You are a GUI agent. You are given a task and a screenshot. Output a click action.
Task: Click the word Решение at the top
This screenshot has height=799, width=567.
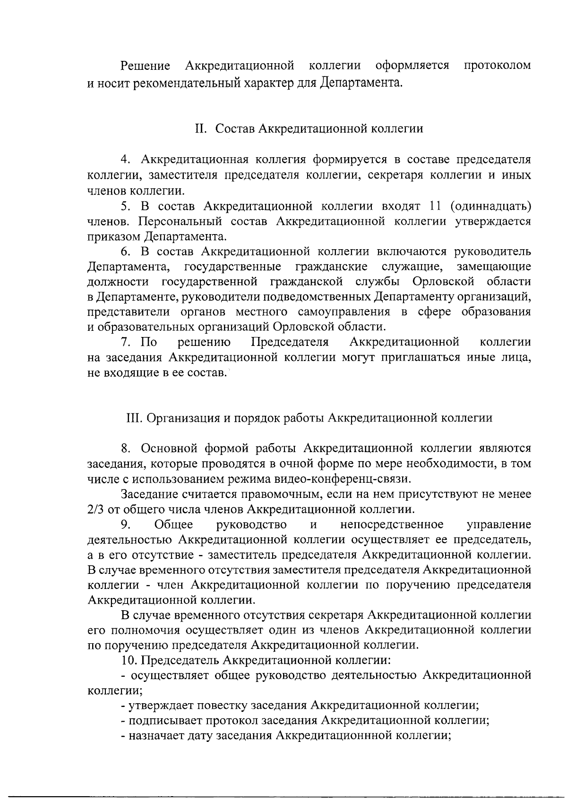[145, 65]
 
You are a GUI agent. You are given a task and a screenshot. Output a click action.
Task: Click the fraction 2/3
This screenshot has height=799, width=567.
[95, 510]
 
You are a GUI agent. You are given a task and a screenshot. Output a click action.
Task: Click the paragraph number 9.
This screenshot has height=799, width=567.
[125, 524]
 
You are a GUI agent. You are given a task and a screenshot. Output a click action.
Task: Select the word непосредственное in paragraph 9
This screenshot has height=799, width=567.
[391, 524]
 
